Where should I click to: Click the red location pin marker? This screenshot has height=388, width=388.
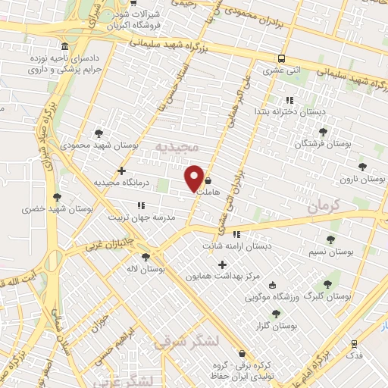click(x=195, y=178)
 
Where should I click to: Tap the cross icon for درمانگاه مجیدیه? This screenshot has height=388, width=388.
click(x=121, y=171)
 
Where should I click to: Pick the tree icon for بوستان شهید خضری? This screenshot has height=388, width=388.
click(x=57, y=197)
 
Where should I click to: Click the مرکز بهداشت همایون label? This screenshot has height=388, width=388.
click(x=221, y=277)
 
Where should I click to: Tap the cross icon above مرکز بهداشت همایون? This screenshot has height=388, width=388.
click(x=222, y=264)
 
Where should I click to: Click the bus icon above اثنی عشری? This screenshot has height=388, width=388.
click(x=282, y=58)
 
